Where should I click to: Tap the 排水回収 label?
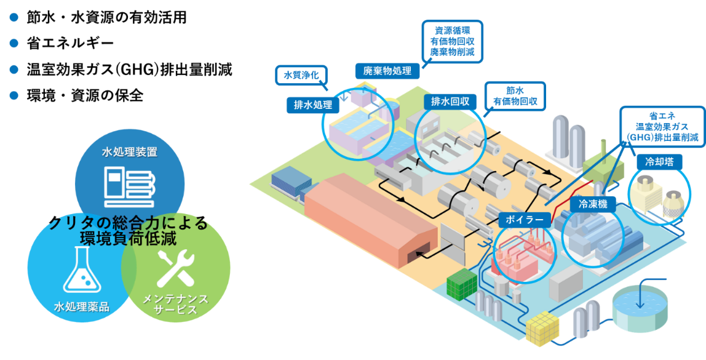450,102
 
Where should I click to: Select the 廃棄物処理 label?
387,71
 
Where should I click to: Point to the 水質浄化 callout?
301,76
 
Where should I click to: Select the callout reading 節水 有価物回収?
515,96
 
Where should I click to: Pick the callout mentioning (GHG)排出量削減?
662,127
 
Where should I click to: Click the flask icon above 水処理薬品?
82,270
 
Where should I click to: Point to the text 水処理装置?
129,151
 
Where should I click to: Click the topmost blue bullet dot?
14,17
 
